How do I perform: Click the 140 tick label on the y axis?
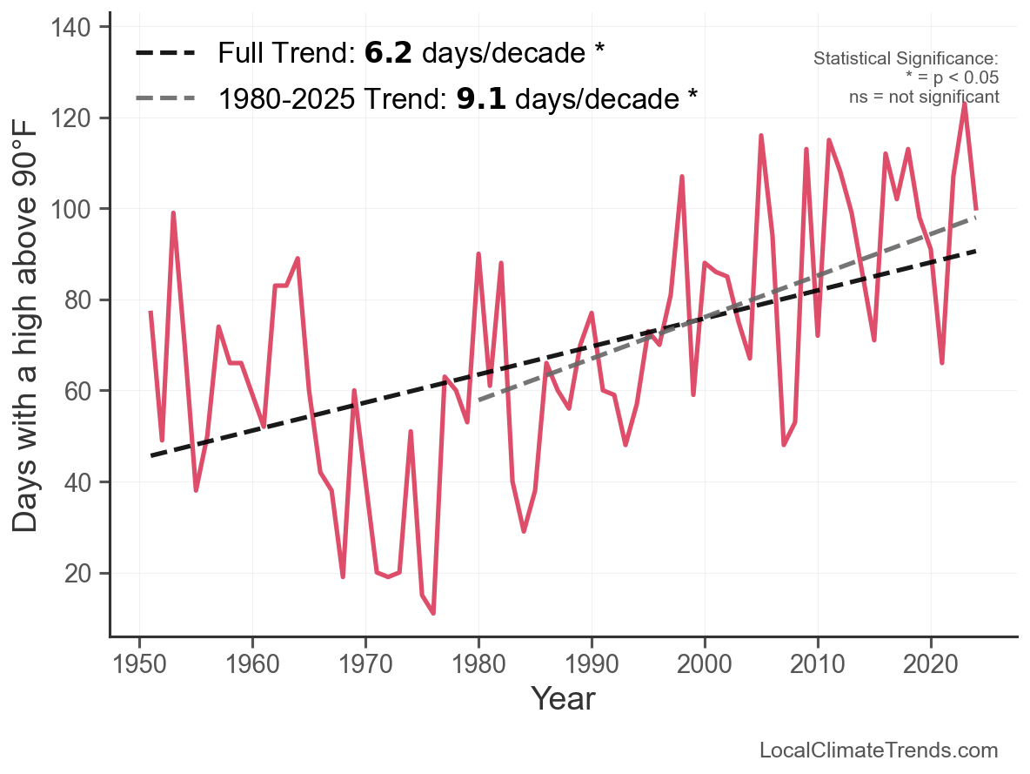[76, 27]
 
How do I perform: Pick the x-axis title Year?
[563, 698]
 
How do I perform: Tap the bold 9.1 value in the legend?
[481, 99]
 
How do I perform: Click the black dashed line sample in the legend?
[165, 54]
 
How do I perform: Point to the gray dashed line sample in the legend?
[165, 99]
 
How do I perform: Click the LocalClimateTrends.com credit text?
[879, 750]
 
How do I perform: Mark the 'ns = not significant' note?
[924, 97]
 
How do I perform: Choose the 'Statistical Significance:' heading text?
[906, 58]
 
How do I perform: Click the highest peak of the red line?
[965, 103]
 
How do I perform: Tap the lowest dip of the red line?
[433, 614]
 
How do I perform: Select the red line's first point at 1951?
[150, 312]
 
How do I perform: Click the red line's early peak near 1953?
[173, 212]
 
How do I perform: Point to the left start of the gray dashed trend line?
[478, 400]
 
